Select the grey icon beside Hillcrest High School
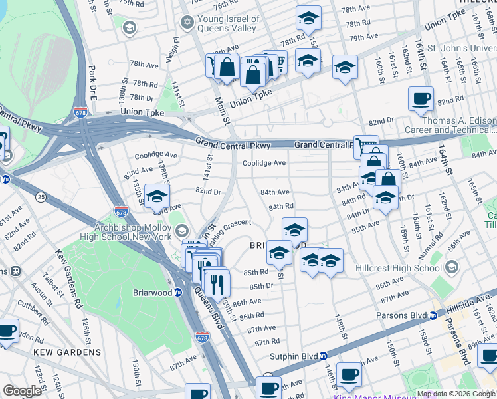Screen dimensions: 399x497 click(x=452, y=268)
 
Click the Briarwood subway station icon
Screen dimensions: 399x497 click(x=178, y=293)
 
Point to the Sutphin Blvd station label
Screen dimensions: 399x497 click(x=293, y=356)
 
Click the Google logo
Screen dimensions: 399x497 click(x=22, y=391)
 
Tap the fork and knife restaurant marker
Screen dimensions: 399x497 click(x=217, y=284)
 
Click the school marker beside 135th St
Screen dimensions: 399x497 click(x=157, y=197)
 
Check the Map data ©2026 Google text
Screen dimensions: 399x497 click(x=455, y=394)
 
